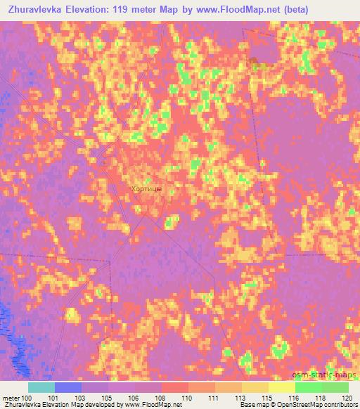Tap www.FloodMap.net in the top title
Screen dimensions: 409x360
232,7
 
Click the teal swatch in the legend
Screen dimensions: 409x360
41,387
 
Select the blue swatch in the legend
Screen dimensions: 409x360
68,387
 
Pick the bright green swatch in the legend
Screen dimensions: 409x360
308,387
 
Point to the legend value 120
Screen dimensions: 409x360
347,398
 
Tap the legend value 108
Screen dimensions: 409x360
161,398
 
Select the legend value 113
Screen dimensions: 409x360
240,398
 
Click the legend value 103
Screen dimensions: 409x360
81,398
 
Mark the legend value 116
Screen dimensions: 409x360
294,398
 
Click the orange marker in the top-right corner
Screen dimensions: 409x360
253,63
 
